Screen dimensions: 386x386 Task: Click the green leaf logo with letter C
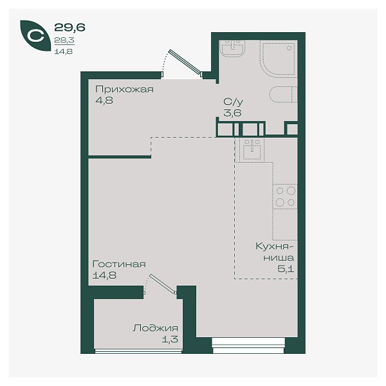35,35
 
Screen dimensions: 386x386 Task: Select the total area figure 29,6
69,27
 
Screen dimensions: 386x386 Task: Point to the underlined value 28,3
64,40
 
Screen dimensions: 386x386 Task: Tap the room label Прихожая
124,89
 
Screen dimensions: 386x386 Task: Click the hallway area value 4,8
104,100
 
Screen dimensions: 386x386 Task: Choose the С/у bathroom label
233,102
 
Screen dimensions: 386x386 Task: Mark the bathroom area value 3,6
232,113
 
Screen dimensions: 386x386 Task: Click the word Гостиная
119,264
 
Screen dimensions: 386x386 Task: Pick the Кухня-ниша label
275,252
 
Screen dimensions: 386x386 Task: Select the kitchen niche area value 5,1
286,269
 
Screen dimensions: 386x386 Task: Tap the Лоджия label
155,328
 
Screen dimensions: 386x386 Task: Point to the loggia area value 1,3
170,340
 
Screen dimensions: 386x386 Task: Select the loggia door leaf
163,284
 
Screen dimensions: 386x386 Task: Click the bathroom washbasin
232,48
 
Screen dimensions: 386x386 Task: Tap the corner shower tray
278,59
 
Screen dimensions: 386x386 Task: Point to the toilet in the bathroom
283,95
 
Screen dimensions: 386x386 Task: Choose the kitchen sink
250,150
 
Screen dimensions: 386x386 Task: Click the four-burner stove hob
285,196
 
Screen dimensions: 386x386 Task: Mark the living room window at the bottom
248,345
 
